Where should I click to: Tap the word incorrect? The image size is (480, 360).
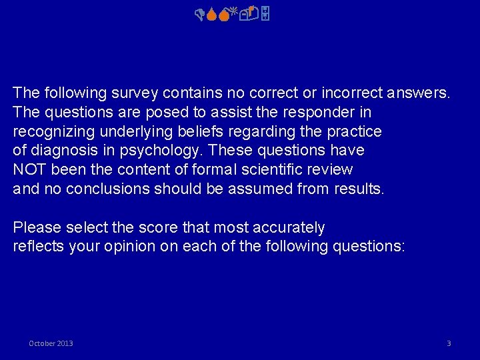[x=349, y=93]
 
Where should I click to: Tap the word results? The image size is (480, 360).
[x=355, y=189]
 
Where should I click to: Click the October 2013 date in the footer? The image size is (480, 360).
[x=51, y=343]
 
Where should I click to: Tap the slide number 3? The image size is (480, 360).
[x=449, y=343]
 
